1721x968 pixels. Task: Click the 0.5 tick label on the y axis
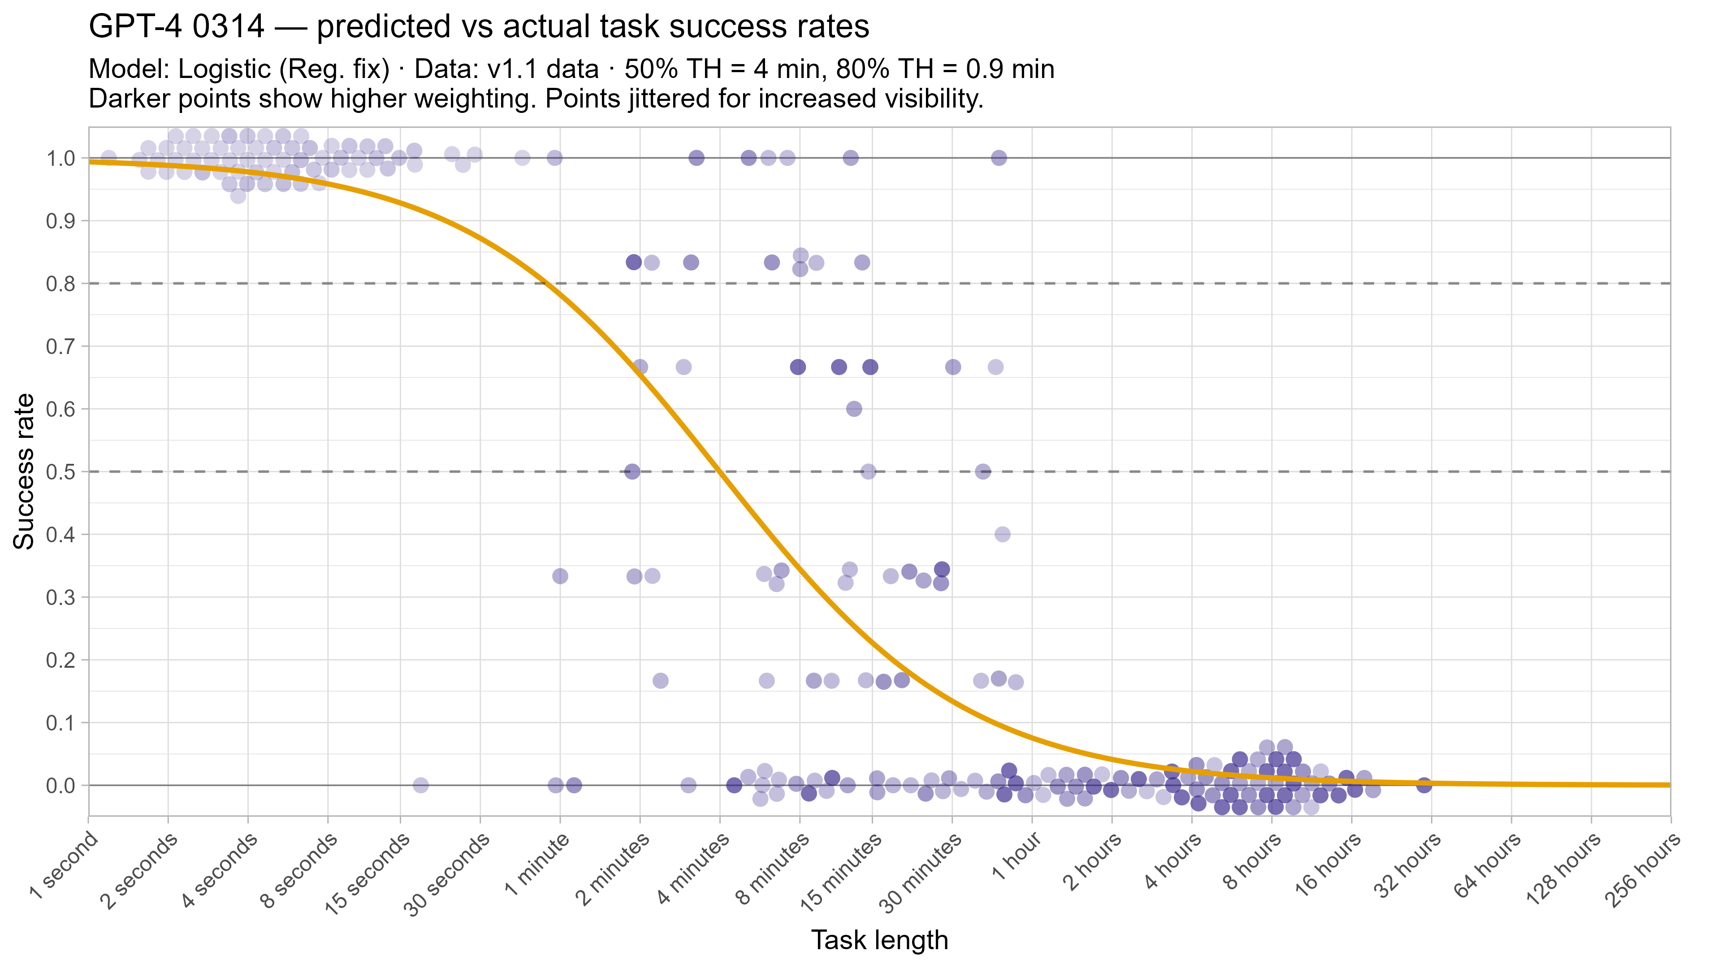pos(60,471)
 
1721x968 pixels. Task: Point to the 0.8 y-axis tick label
pos(60,284)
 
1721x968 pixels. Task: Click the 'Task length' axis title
pos(879,940)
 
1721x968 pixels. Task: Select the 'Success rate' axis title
pos(24,471)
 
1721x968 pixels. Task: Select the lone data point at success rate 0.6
pos(854,409)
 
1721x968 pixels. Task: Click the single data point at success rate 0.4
pos(1002,535)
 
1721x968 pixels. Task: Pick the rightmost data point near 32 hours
pos(1424,785)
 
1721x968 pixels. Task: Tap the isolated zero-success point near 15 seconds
pos(420,785)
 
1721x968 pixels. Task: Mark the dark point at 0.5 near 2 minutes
pos(632,471)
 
